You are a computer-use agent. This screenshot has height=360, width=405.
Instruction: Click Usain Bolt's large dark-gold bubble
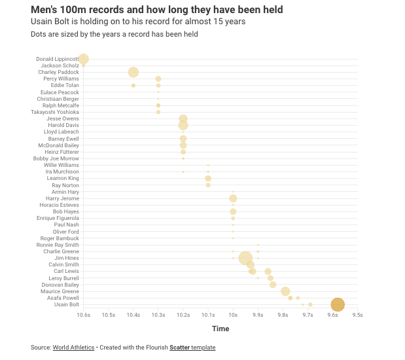(x=338, y=304)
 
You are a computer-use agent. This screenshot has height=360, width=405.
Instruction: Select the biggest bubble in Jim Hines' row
(x=245, y=258)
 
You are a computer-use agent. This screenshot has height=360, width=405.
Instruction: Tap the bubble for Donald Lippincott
(x=83, y=59)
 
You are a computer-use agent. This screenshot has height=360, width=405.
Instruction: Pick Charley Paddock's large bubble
(x=133, y=72)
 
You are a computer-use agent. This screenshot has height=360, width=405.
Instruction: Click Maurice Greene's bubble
(x=285, y=291)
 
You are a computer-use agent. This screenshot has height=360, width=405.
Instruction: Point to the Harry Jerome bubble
(x=233, y=198)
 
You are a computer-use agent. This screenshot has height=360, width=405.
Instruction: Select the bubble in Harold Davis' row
(x=183, y=125)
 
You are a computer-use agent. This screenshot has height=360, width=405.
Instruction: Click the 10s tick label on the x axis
(x=233, y=315)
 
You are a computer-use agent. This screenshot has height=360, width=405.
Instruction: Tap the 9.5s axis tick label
(x=357, y=315)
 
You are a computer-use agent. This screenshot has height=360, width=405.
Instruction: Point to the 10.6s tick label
(x=83, y=315)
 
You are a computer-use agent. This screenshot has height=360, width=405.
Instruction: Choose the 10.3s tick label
(x=158, y=315)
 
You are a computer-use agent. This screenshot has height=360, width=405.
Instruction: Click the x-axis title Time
(x=220, y=329)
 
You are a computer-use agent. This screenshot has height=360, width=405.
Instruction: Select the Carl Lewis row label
(x=66, y=271)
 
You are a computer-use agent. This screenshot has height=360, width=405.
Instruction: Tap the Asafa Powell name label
(x=63, y=298)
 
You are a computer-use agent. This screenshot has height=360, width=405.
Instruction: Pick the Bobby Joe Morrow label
(x=56, y=158)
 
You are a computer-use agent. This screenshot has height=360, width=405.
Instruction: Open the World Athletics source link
(x=73, y=347)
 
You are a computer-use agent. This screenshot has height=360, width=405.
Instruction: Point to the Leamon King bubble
(x=208, y=178)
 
